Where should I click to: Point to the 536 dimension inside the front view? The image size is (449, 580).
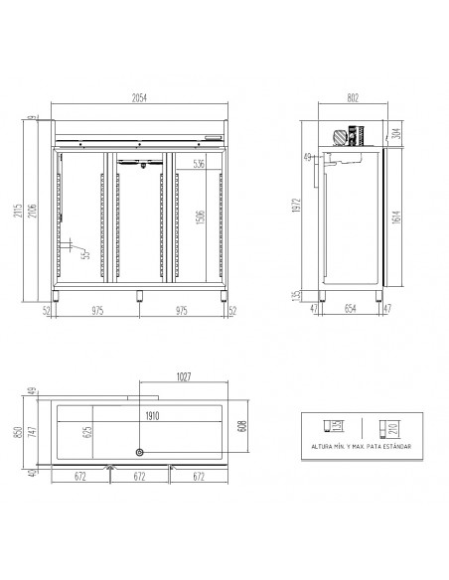(x=199, y=164)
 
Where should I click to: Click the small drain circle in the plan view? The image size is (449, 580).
(x=139, y=454)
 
